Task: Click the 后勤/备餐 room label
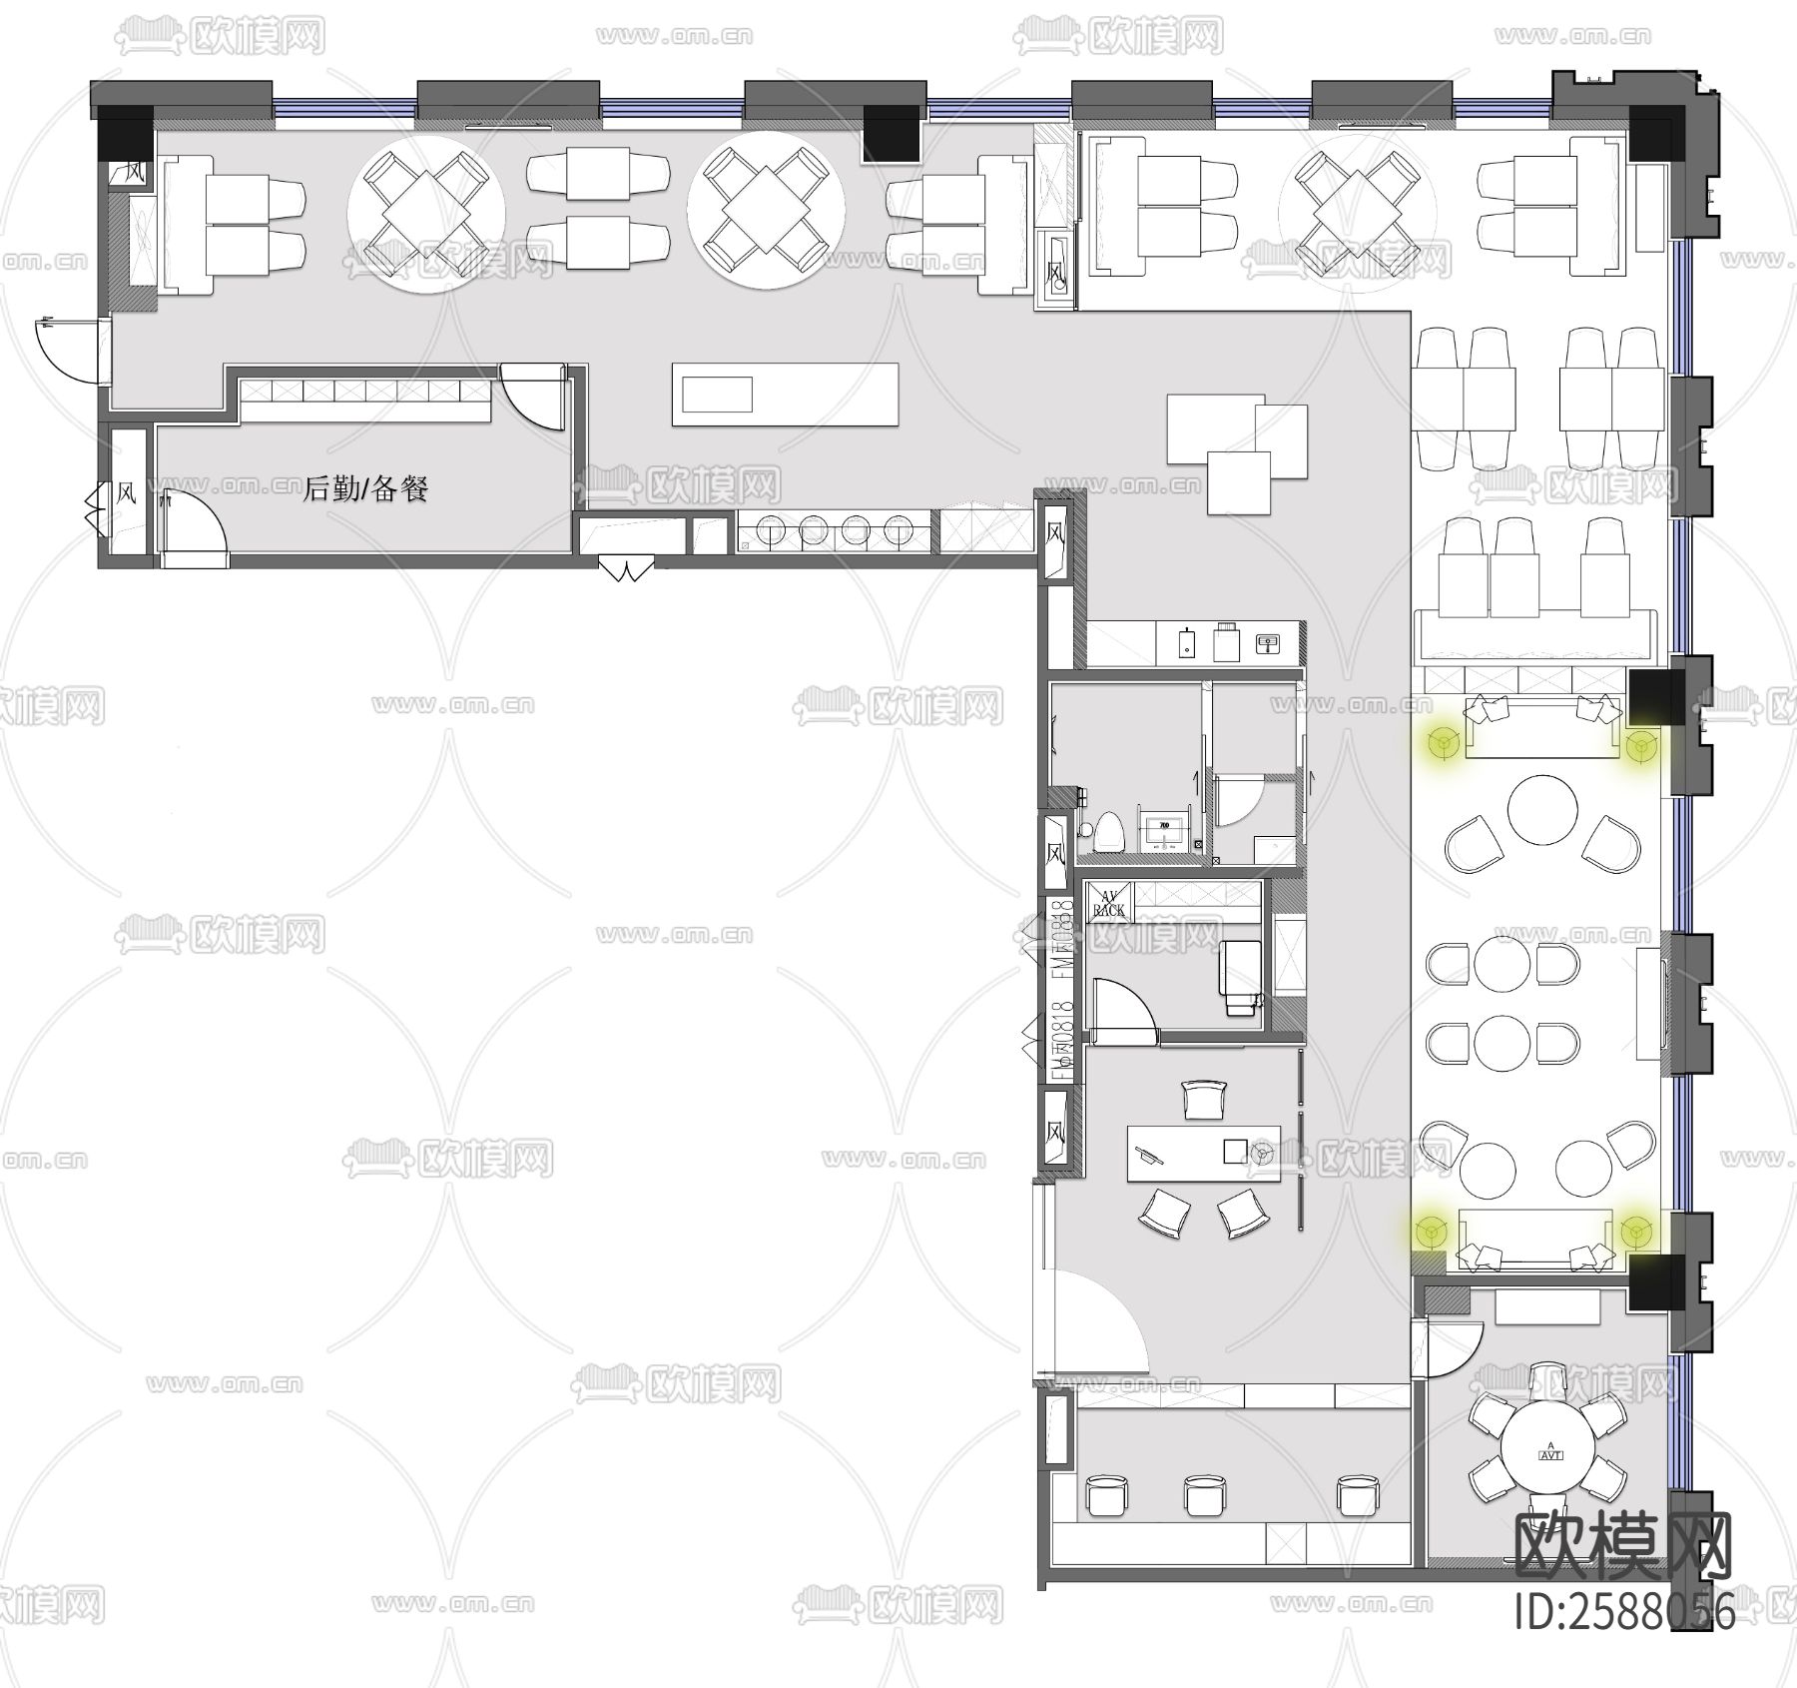pos(365,488)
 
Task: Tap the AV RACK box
pos(1108,902)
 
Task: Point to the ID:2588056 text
pos(1624,1611)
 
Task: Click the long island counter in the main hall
pos(785,395)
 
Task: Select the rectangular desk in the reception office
pos(1203,1154)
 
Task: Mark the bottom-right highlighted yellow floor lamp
pos(1634,1232)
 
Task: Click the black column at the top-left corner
pos(125,133)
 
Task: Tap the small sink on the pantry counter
pos(1268,642)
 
